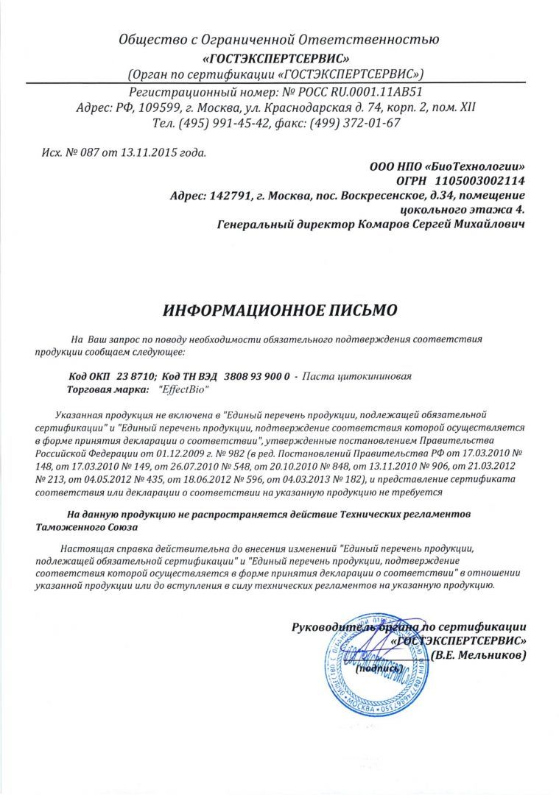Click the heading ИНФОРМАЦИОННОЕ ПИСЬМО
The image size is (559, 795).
tap(279, 310)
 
